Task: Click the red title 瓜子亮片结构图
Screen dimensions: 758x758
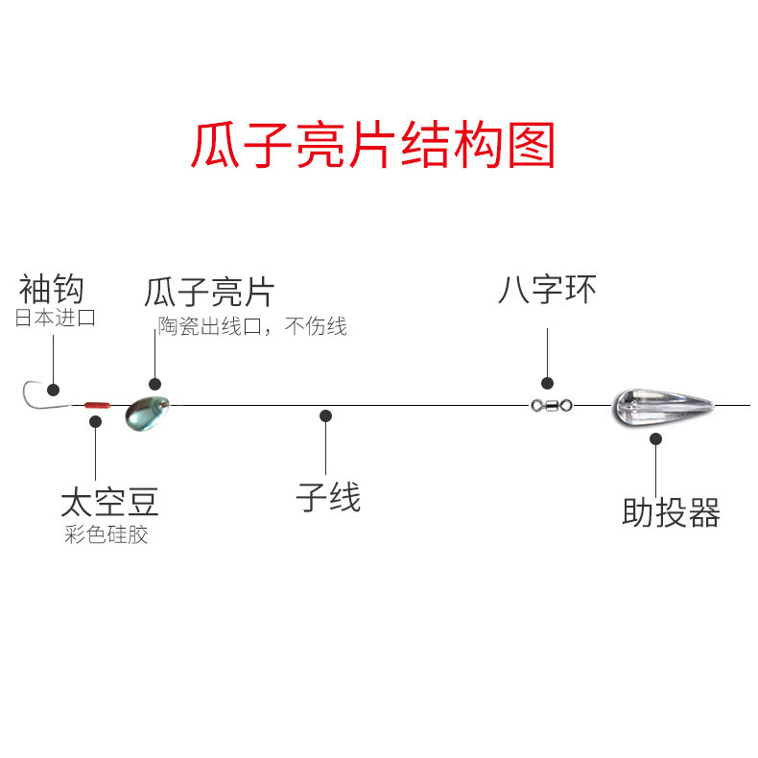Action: [x=373, y=146]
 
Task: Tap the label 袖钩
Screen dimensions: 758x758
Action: [x=52, y=289]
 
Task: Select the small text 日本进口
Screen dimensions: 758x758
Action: [x=56, y=319]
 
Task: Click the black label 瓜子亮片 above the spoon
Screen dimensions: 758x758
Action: [x=210, y=293]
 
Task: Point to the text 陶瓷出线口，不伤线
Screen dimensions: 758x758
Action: [x=252, y=327]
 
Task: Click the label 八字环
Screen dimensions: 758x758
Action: [x=547, y=289]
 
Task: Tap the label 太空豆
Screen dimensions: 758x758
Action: [x=109, y=501]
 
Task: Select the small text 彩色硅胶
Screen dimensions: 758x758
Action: [x=107, y=534]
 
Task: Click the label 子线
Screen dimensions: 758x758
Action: [x=328, y=498]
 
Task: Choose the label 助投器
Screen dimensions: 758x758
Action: [x=671, y=513]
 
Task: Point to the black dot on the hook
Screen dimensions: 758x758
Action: [x=54, y=390]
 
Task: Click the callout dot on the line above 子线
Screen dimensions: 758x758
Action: [x=326, y=416]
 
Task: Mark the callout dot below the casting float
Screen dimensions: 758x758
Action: [x=656, y=439]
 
